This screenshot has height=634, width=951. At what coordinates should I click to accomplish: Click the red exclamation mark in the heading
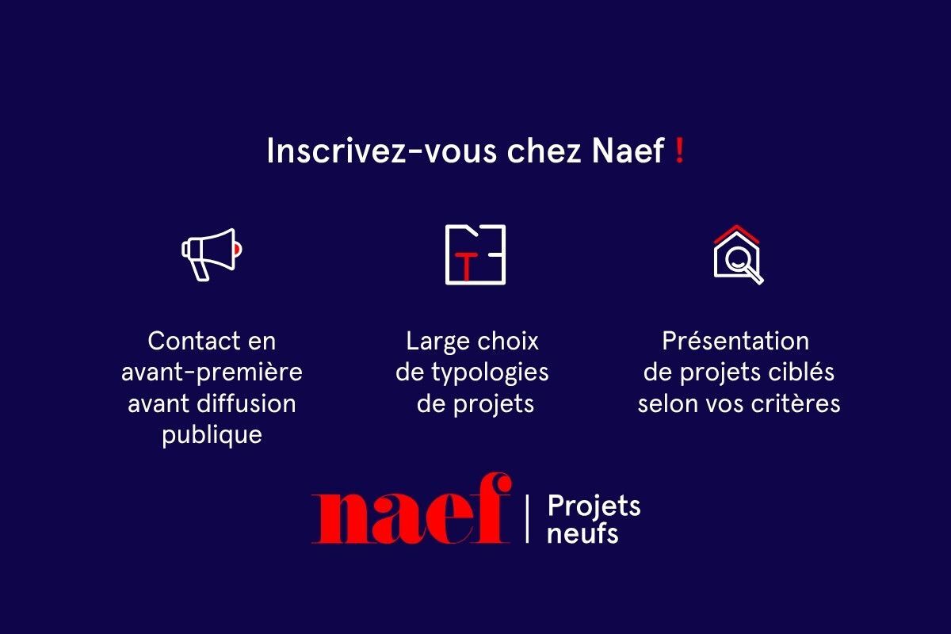coord(679,151)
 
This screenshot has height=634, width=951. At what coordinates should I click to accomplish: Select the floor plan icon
coord(475,254)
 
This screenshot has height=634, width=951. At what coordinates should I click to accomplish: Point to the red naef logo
coord(411,508)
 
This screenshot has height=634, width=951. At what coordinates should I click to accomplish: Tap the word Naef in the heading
coord(628,151)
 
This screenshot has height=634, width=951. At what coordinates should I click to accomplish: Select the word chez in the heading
coord(544,151)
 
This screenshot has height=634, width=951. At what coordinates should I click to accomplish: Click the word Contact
coord(194,341)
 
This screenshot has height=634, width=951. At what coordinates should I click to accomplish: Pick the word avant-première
coord(212,372)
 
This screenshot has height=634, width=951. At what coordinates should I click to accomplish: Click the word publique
coord(212,436)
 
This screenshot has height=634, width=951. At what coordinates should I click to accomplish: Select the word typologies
coord(490,372)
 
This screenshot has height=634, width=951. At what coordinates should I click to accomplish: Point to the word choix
coord(508,341)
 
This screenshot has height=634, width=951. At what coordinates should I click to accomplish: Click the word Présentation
coord(735,341)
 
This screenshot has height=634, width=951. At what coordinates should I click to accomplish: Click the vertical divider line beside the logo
coord(527,519)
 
